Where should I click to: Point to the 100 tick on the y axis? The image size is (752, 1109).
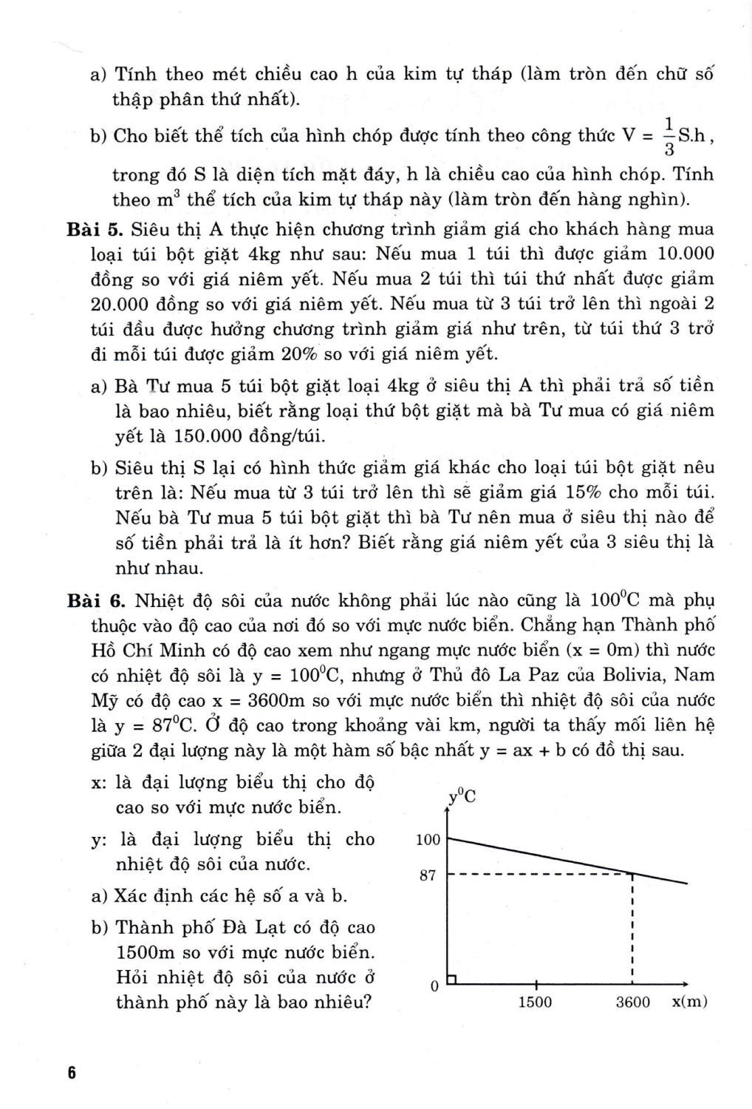point(428,840)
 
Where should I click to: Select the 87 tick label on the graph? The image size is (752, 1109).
point(428,876)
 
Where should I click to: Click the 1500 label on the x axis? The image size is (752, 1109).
point(535,1003)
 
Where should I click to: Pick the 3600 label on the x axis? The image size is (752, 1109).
point(633,1003)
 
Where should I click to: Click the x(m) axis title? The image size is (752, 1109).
point(690,1003)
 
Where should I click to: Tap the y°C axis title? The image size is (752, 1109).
point(462,796)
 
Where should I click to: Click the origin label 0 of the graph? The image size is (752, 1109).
point(434,986)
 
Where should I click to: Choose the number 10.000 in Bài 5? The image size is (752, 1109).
point(686,254)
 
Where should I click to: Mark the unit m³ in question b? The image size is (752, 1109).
point(163,199)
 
